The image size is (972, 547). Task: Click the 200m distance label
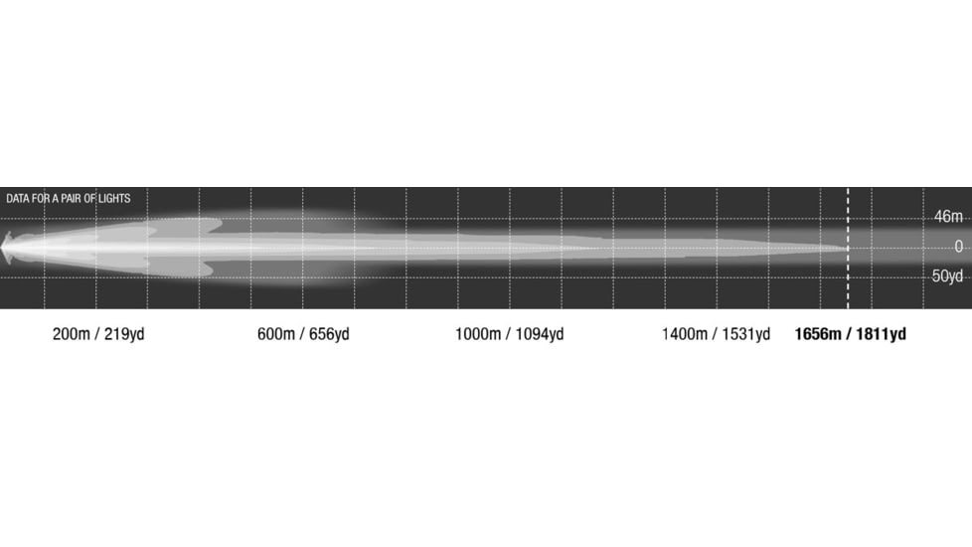72,334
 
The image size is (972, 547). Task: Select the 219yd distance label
124,335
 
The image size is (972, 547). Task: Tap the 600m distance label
276,334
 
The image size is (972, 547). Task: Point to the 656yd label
329,335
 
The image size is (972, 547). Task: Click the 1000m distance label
478,334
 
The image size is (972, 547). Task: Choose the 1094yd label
540,335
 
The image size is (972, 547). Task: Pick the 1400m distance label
685,334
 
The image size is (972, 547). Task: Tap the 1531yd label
745,335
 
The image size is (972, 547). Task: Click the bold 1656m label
818,334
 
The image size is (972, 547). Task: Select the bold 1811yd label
881,335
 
